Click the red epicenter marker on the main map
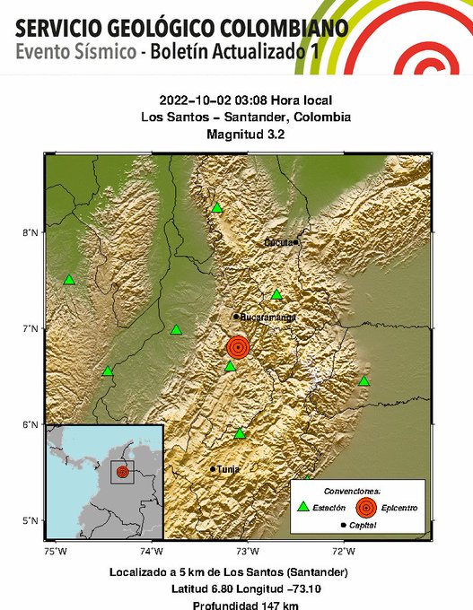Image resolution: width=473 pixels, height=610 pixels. tap(238, 346)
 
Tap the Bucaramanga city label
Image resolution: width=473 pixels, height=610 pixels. tap(268, 317)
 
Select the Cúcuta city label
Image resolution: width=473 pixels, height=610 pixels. tap(279, 243)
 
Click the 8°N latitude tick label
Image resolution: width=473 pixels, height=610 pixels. tap(30, 233)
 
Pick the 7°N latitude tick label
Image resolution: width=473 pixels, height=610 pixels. tap(30, 329)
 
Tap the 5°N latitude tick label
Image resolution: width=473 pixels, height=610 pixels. tap(30, 520)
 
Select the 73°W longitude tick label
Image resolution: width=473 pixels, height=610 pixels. tap(247, 550)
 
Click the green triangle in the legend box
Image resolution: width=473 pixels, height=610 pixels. tap(302, 508)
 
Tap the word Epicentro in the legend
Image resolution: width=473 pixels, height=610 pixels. tap(398, 509)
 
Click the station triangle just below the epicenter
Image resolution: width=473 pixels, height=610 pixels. tap(231, 366)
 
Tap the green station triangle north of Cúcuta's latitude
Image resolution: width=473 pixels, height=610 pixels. tap(217, 208)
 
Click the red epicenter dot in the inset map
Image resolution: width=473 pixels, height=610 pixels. tap(122, 471)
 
